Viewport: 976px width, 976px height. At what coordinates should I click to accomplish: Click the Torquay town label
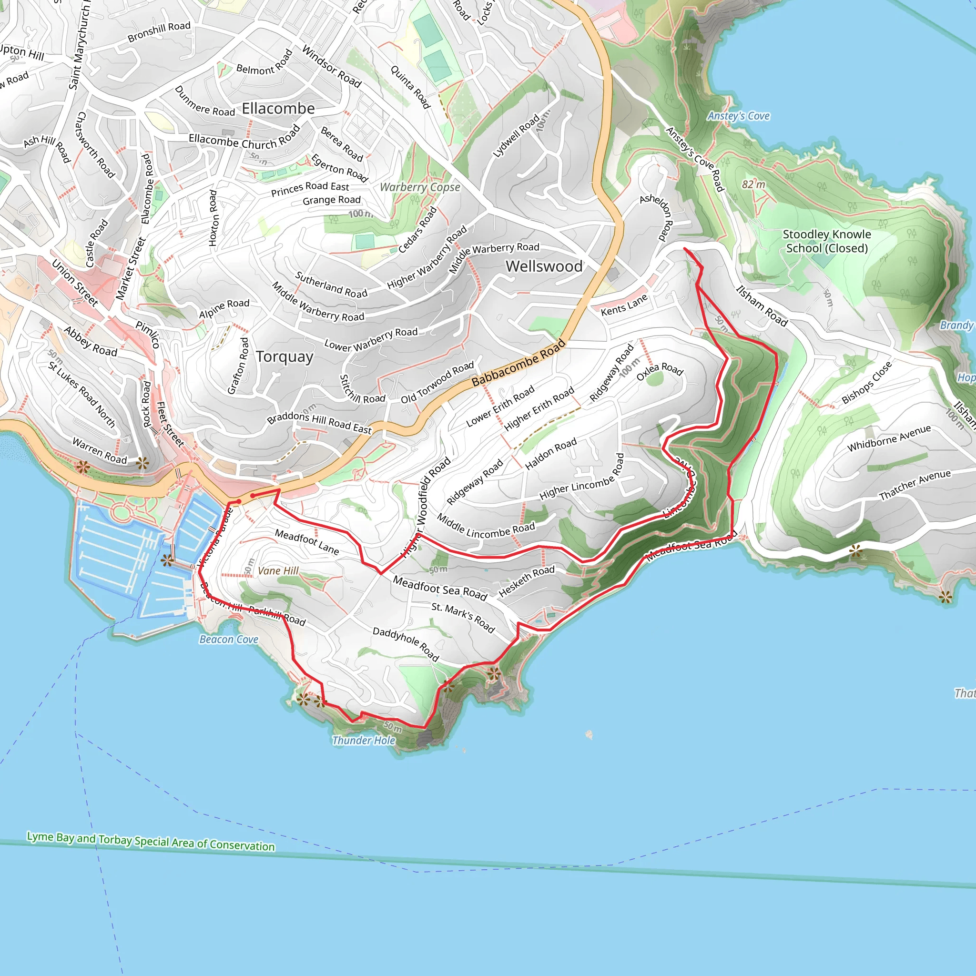(285, 356)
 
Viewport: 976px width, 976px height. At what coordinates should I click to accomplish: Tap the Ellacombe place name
(278, 109)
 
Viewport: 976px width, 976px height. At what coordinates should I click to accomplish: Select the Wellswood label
(544, 266)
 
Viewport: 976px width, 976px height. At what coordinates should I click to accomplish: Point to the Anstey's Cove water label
(738, 116)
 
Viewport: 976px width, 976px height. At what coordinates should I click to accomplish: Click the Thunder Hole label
(363, 741)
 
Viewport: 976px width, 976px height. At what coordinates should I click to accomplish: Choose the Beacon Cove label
(229, 640)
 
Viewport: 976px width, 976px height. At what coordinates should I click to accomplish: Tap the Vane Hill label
(278, 571)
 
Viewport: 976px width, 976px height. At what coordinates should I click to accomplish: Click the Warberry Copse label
(420, 187)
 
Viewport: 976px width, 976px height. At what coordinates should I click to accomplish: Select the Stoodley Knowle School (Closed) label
(826, 242)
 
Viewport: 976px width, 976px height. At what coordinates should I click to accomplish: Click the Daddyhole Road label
(406, 644)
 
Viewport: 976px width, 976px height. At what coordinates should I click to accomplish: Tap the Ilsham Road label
(761, 306)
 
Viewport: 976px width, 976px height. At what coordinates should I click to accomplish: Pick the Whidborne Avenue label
(889, 438)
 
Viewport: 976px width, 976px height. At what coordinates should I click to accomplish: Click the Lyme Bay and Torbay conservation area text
(151, 841)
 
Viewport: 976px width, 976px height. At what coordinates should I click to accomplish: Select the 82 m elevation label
(753, 185)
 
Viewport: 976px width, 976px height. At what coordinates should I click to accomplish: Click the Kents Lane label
(624, 305)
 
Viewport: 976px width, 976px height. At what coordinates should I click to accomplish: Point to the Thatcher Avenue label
(915, 485)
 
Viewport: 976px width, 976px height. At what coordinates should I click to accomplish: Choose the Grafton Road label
(238, 366)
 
